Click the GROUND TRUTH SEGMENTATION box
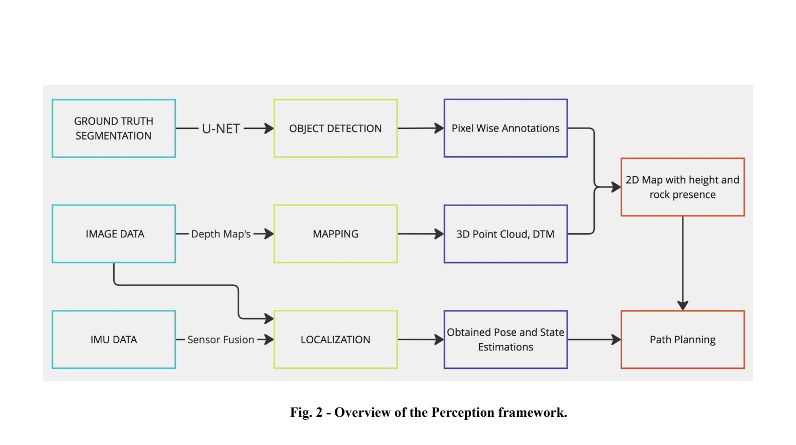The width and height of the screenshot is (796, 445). coord(114,128)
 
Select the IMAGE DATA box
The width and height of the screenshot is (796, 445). coord(114,234)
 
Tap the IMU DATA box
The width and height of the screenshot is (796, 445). coord(114,339)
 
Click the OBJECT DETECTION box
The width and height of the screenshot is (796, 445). coord(335,128)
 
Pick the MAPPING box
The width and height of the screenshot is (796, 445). coord(335,234)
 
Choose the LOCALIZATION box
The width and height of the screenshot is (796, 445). coord(335,339)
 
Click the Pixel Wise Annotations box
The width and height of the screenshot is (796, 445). coord(505,128)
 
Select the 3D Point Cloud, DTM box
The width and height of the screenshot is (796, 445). coord(505,234)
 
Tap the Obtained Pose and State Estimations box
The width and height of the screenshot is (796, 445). coord(505,339)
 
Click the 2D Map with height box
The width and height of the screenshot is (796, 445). coord(682,187)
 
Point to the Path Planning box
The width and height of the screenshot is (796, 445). coord(682,339)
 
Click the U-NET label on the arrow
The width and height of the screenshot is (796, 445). coord(221,128)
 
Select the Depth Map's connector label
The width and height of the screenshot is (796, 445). coord(221,234)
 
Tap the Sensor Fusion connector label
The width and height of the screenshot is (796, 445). coord(221,339)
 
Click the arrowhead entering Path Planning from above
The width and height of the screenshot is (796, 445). coord(682,305)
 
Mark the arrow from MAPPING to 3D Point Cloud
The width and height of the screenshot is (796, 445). coord(421,234)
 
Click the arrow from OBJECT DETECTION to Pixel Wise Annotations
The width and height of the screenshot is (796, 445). coord(421,128)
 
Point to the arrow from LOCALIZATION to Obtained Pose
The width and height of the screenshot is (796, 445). coord(421,339)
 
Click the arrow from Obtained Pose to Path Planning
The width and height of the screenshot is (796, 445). coord(594,339)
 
